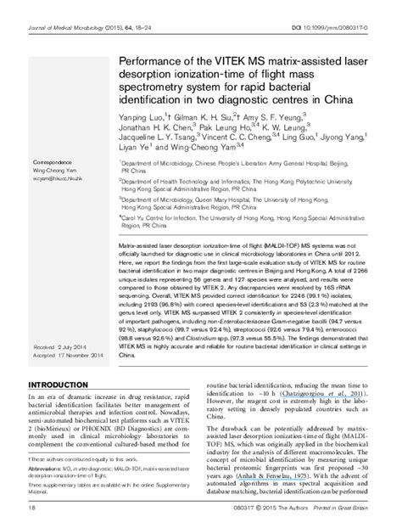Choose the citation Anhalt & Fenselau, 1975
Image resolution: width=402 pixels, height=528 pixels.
[x=284, y=480]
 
